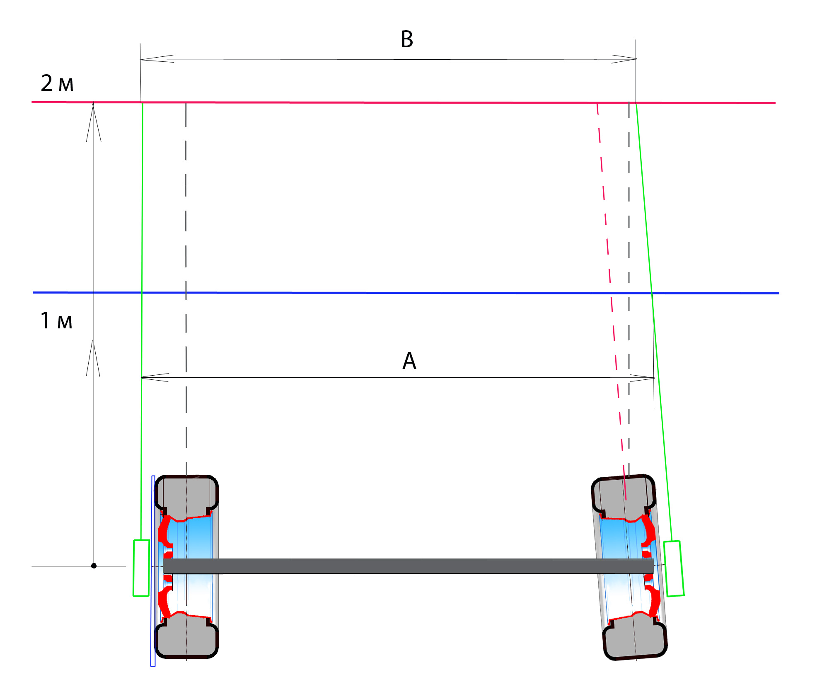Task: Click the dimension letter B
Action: pos(407,39)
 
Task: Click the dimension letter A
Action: pos(409,360)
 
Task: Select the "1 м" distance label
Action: pos(56,321)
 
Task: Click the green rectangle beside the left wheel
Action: pos(141,568)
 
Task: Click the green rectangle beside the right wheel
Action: pos(674,568)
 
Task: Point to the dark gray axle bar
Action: pos(408,566)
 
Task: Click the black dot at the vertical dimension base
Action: pos(94,566)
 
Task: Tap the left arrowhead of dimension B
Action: pos(157,58)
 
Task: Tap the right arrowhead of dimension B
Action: pos(624,59)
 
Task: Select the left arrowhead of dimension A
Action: pos(155,377)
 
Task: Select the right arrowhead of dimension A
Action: pos(642,378)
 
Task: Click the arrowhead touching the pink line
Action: pos(94,122)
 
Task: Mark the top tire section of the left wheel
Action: pos(186,498)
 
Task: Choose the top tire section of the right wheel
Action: pos(624,498)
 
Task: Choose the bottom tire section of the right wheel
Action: pos(635,636)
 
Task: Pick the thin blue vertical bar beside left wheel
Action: pos(153,571)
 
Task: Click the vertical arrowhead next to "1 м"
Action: pos(93,359)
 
